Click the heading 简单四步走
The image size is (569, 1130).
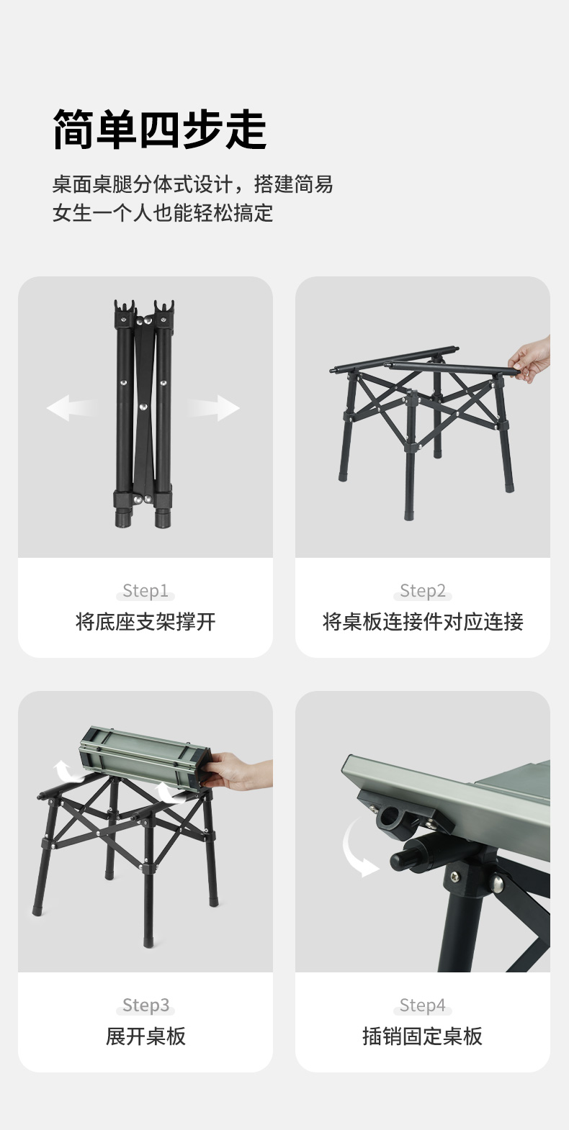tap(160, 130)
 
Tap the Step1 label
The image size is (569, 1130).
tap(145, 590)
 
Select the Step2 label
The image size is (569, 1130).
tap(423, 590)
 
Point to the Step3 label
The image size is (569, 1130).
tap(146, 1005)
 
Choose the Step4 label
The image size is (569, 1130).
tap(423, 1005)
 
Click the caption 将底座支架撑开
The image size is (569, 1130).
tap(145, 622)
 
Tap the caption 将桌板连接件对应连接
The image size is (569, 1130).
tap(423, 622)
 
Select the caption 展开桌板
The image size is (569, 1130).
tap(145, 1036)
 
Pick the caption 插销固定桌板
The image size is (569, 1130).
tap(423, 1036)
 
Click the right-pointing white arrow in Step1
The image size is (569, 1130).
tap(215, 407)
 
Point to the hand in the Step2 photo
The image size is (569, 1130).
tap(531, 358)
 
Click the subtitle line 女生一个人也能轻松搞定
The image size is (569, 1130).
tap(163, 213)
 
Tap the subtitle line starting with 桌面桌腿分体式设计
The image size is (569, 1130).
tap(193, 184)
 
